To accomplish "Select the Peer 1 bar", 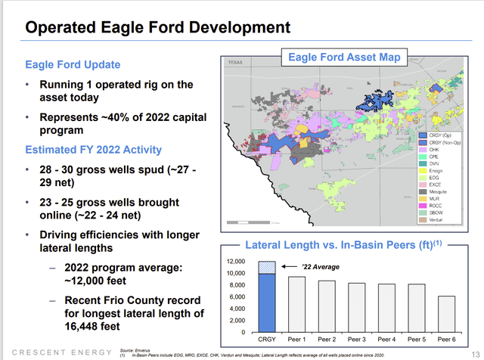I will [x=297, y=304].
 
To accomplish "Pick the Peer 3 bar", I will [x=358, y=307].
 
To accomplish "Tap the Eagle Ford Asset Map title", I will [x=345, y=56].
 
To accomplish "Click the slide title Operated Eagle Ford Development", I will [x=157, y=27].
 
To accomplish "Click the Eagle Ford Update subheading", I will [x=73, y=64].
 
